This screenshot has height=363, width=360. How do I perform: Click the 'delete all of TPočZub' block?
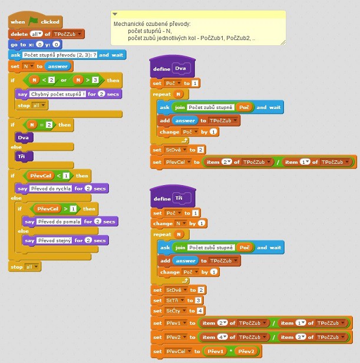[18, 34]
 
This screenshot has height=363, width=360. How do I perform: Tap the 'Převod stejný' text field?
[55, 240]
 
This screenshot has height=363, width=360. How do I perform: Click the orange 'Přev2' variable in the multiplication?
[247, 351]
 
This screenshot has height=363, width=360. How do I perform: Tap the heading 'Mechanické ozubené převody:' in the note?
[152, 24]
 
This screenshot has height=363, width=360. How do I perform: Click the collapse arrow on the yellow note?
[115, 14]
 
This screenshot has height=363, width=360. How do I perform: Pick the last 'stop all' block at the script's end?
[18, 267]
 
